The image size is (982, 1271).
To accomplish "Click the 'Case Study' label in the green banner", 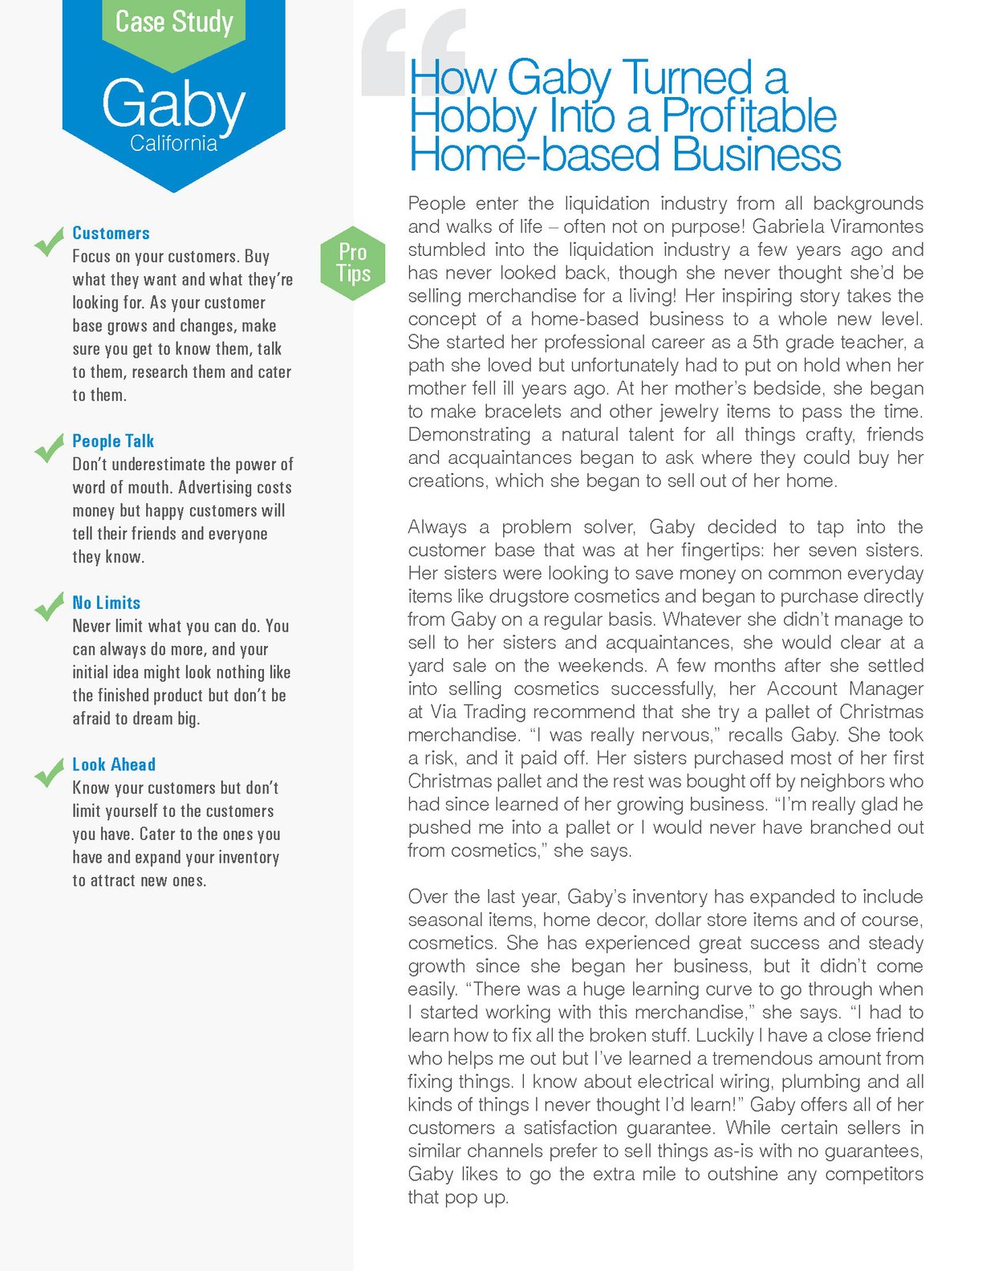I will tap(174, 22).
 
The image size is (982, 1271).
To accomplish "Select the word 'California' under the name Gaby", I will tap(173, 144).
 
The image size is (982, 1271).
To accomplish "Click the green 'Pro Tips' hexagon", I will tap(353, 262).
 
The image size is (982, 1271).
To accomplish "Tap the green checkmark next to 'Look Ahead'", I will tap(49, 772).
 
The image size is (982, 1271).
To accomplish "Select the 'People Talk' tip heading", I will tap(113, 441).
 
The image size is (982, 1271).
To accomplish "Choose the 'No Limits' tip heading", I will tap(106, 603).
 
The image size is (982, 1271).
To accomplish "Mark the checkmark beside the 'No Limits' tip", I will tap(49, 607).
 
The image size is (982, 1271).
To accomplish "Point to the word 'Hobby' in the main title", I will tap(473, 116).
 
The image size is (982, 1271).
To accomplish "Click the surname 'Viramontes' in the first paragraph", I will tap(877, 226).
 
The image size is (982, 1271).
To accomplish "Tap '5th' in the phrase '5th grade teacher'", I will tap(767, 342).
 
